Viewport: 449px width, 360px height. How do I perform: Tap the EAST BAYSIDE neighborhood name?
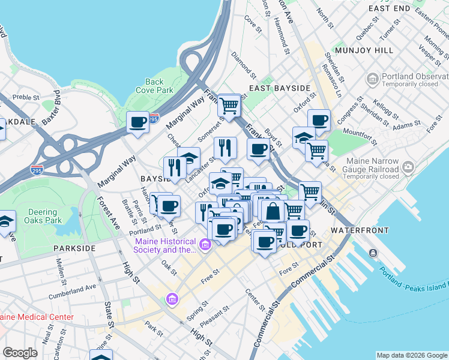point(280,88)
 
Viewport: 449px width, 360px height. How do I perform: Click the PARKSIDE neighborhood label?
point(74,248)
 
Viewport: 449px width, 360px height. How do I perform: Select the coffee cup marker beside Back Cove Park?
point(137,123)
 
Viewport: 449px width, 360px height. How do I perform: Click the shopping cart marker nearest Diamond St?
point(229,106)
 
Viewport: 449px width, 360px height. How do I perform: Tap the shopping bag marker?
point(273,211)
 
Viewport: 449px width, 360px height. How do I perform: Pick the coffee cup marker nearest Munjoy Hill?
point(319,121)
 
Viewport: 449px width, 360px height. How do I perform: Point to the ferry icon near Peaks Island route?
point(373,253)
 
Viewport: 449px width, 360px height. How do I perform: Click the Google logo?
point(20,353)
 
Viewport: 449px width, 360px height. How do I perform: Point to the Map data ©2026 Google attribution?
point(411,355)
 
